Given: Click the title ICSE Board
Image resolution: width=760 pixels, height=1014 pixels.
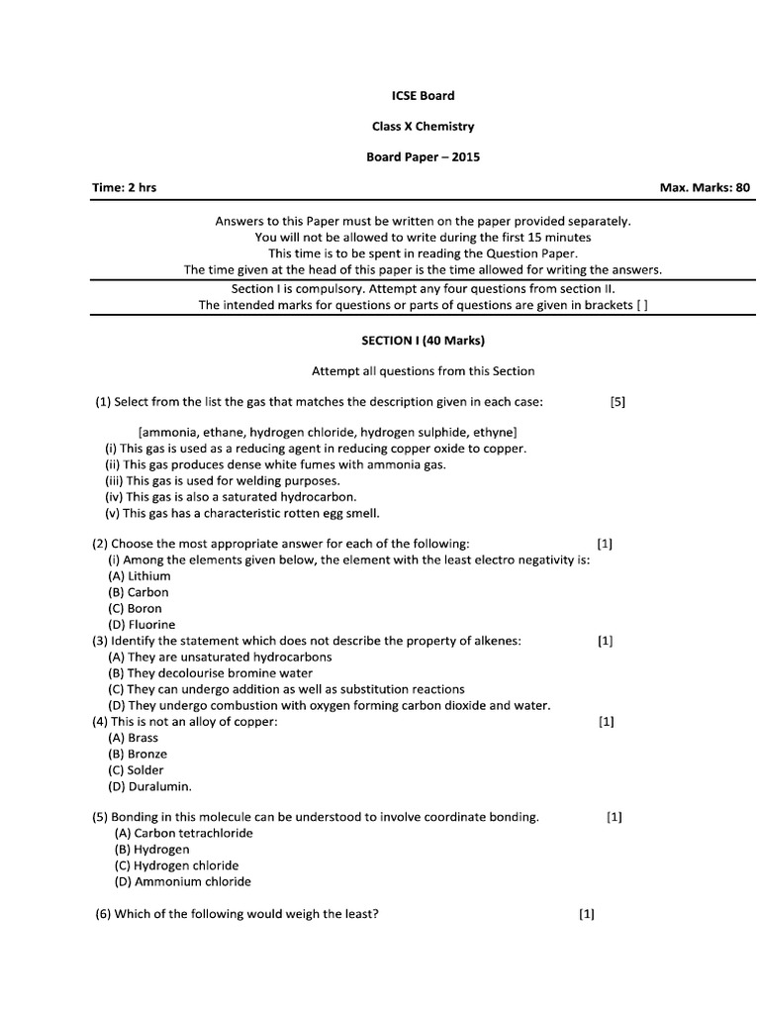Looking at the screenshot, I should pyautogui.click(x=423, y=95).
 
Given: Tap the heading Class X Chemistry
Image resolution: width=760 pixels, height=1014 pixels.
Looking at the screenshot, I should pyautogui.click(x=423, y=127).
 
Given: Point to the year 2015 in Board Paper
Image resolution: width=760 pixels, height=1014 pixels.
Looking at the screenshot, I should pyautogui.click(x=465, y=157).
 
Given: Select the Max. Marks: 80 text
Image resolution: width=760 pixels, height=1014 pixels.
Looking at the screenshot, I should pyautogui.click(x=705, y=188).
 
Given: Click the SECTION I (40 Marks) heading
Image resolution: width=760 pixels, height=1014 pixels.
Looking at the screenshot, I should pyautogui.click(x=423, y=340).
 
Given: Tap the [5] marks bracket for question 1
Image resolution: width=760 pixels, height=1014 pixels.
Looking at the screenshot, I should pyautogui.click(x=618, y=402).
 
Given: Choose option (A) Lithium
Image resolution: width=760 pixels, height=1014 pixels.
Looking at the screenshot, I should pyautogui.click(x=140, y=576).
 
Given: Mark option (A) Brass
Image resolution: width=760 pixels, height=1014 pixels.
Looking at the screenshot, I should pyautogui.click(x=134, y=738).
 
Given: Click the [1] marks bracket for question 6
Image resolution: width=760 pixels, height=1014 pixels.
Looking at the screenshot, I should pyautogui.click(x=587, y=914).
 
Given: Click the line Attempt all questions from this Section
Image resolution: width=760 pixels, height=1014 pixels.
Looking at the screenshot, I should pyautogui.click(x=423, y=371).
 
